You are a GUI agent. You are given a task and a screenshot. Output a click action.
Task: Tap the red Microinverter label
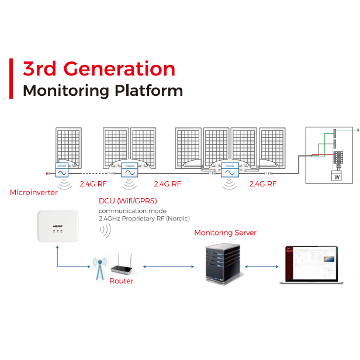click(x=34, y=192)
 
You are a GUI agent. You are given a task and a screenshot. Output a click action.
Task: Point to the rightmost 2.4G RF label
click(x=263, y=184)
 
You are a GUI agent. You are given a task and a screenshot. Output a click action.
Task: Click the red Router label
click(x=122, y=281)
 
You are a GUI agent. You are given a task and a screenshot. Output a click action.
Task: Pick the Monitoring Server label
click(x=225, y=233)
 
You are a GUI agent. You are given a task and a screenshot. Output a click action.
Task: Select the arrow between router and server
click(x=168, y=267)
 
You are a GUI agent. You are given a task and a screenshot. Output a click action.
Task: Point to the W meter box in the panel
click(x=337, y=176)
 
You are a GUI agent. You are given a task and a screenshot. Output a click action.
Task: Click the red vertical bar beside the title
click(x=11, y=79)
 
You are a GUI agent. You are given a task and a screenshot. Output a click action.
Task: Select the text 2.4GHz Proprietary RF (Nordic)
click(x=144, y=219)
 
